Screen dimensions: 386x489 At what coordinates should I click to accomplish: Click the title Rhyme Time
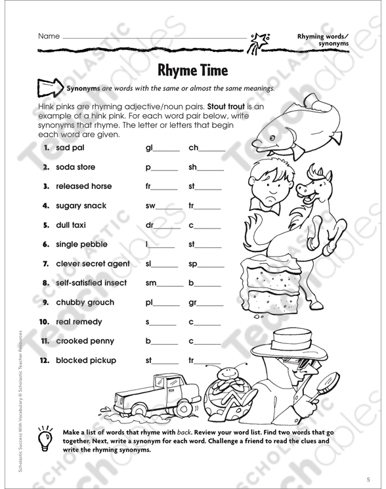(x=193, y=70)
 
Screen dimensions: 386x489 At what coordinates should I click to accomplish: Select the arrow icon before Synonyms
(x=50, y=88)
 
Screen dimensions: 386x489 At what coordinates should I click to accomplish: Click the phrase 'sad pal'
(x=70, y=148)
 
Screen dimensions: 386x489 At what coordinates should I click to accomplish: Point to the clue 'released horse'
(x=83, y=186)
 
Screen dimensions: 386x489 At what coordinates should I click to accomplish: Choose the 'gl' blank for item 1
(x=162, y=148)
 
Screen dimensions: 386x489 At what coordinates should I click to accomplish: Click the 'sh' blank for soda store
(x=206, y=167)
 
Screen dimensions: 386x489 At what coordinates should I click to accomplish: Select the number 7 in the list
(x=45, y=264)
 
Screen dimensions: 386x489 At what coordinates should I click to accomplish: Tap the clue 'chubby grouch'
(x=85, y=303)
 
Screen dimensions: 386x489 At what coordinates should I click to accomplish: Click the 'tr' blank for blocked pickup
(x=205, y=361)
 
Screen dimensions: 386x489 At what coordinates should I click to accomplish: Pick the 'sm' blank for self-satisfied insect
(x=165, y=283)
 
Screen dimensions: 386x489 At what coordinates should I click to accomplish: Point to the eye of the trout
(x=272, y=138)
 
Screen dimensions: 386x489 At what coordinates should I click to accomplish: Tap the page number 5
(x=368, y=480)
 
